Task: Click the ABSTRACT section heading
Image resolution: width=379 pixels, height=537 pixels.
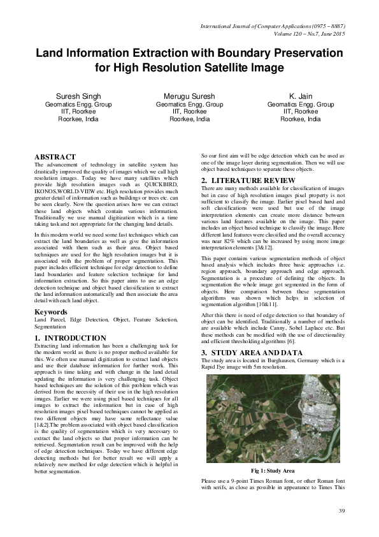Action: pos(55,157)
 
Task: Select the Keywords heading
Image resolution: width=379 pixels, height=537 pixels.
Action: pos(52,311)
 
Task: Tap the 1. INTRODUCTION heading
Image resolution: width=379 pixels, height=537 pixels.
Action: pos(70,338)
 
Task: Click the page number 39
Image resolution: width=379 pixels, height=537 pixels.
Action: pos(341,511)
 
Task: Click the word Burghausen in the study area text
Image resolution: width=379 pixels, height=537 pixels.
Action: pos(266,361)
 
